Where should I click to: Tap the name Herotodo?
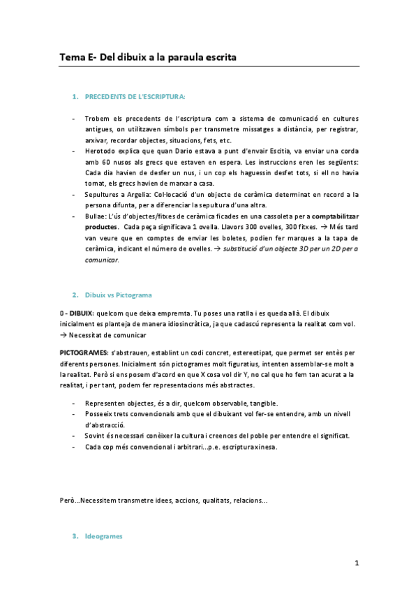(103, 151)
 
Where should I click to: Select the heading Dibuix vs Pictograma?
(118, 295)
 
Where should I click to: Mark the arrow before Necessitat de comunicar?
(63, 334)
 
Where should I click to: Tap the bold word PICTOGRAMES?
(83, 353)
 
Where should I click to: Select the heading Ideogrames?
(103, 536)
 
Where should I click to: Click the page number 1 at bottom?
(357, 563)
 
